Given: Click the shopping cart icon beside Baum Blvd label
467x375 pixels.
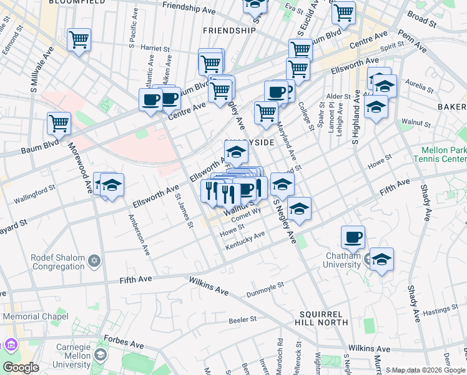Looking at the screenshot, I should click(x=59, y=122).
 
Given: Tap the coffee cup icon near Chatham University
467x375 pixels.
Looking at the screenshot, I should click(x=353, y=237).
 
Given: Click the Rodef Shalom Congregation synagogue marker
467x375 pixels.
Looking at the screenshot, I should click(x=94, y=261).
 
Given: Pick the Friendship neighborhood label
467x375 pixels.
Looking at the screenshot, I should click(x=229, y=30).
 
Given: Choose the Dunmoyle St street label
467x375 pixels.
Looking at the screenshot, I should click(x=265, y=288).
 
